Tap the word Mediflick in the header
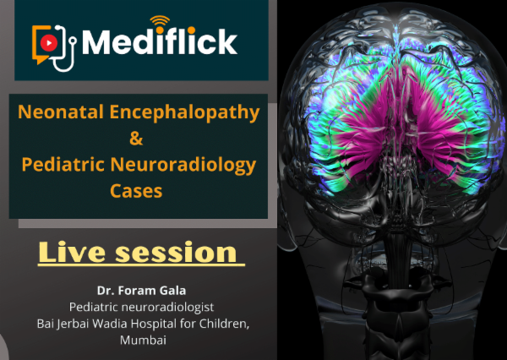coord(161,41)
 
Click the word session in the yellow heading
coord(184,252)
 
